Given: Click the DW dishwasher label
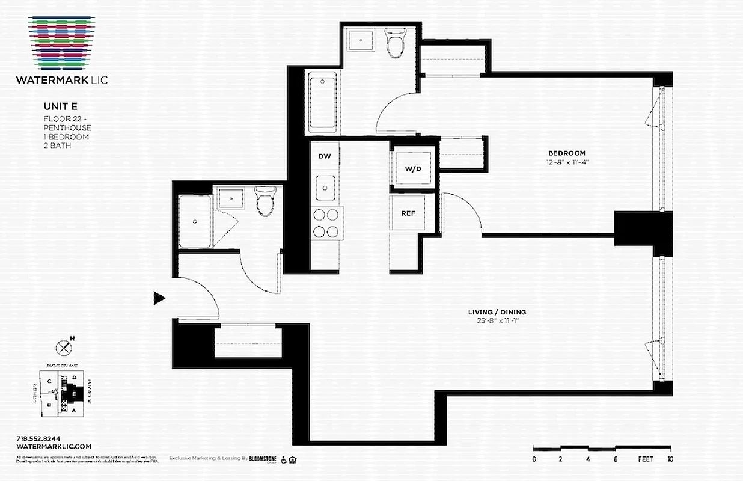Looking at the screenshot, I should click(x=325, y=156).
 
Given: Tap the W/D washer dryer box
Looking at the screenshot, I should click(x=412, y=168).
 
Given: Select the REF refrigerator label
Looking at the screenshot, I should click(x=409, y=213).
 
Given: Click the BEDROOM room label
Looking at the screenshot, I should click(x=566, y=153).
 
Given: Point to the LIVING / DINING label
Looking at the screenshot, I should click(x=497, y=312).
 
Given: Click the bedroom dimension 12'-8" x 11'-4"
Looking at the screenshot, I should click(x=566, y=162).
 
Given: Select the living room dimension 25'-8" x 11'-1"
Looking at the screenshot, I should click(x=497, y=321).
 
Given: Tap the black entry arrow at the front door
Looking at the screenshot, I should click(x=159, y=298).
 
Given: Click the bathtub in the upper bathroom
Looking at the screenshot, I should click(x=323, y=102).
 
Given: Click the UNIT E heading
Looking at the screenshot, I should click(x=60, y=106).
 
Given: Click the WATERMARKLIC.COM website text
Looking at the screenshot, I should click(x=54, y=446).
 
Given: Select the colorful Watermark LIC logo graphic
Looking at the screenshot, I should click(x=62, y=42).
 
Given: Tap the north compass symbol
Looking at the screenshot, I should click(x=64, y=347).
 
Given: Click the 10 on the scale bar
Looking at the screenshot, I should click(x=670, y=459).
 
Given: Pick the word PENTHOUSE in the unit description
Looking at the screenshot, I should click(x=67, y=128).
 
